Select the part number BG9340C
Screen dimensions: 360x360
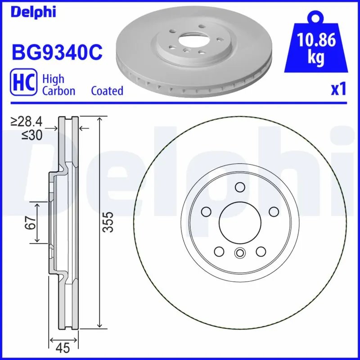(57, 53)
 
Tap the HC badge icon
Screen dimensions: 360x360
(23, 84)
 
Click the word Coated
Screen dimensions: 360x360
(107, 91)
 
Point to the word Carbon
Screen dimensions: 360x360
(58, 91)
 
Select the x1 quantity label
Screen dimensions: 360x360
(338, 89)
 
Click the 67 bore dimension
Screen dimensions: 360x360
(30, 223)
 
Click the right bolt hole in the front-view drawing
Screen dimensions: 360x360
(273, 211)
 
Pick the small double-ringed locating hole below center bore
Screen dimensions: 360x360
(239, 253)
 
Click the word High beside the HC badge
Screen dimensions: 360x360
(53, 79)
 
